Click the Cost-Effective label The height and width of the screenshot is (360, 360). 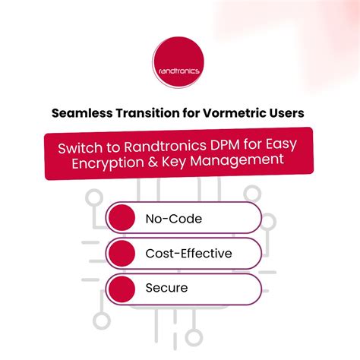click(x=188, y=253)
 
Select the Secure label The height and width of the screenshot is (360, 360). click(x=166, y=288)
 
